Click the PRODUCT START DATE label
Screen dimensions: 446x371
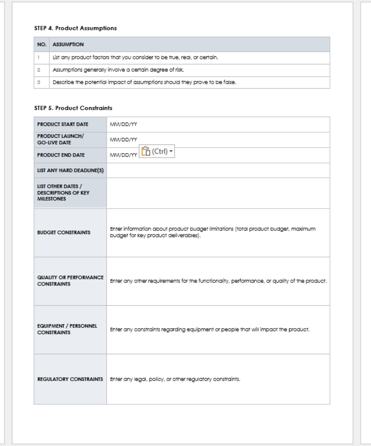tap(63, 124)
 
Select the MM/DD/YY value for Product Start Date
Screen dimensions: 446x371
tap(123, 124)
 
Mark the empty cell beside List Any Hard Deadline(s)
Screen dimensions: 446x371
tap(218, 170)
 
